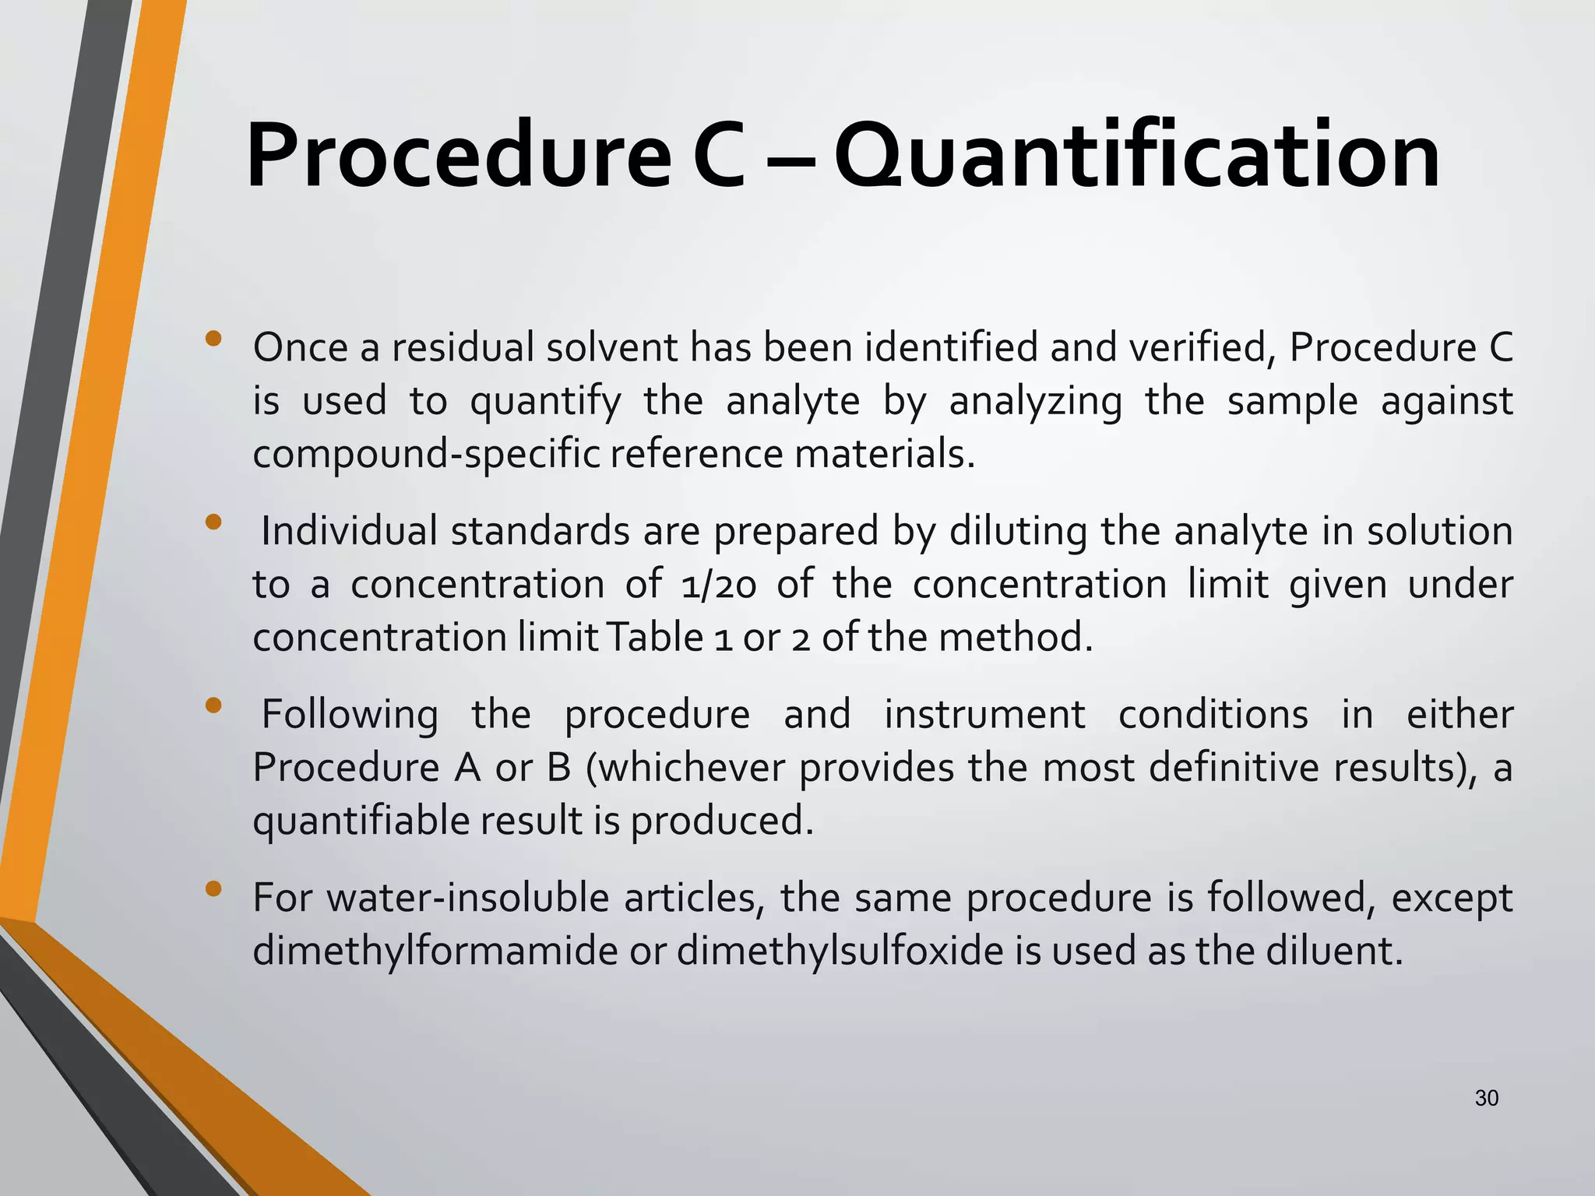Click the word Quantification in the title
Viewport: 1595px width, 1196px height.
[1136, 157]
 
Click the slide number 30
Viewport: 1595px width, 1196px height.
[1487, 1098]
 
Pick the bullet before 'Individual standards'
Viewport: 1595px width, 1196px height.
[214, 522]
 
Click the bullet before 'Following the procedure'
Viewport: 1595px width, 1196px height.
[214, 706]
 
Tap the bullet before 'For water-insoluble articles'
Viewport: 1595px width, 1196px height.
[214, 889]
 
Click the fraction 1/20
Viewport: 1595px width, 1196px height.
[717, 585]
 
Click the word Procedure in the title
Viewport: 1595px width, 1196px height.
[458, 157]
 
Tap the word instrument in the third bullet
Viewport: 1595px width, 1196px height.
[984, 715]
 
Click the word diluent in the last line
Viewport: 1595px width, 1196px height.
[1333, 952]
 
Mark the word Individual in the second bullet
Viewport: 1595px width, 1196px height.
[348, 532]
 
